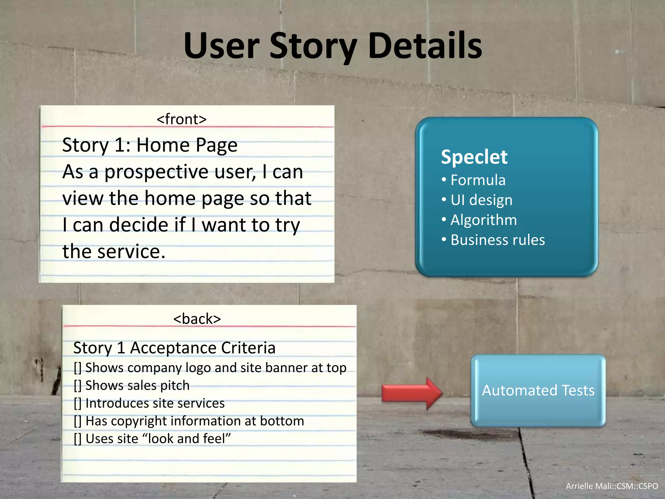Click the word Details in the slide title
(x=425, y=46)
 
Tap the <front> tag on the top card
(x=182, y=119)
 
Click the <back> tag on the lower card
(x=197, y=319)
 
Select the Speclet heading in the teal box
(x=474, y=157)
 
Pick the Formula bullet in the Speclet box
(x=478, y=180)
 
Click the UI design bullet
(x=481, y=200)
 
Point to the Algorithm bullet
(x=483, y=220)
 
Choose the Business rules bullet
(x=497, y=240)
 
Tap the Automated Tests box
(x=538, y=390)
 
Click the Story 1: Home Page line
(x=150, y=145)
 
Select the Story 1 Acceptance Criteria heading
(x=174, y=348)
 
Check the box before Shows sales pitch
(x=78, y=386)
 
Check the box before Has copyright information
(x=78, y=421)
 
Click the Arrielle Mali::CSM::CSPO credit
(x=612, y=486)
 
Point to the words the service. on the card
(x=114, y=252)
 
